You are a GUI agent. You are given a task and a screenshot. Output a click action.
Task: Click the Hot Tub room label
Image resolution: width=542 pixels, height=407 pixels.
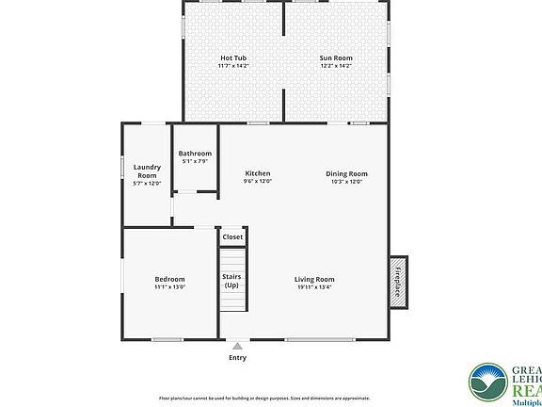pyautogui.click(x=233, y=58)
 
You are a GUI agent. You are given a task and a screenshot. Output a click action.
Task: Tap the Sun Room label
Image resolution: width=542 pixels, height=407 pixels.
pyautogui.click(x=336, y=58)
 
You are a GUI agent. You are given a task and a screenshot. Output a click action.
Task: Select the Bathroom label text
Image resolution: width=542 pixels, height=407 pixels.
pyautogui.click(x=196, y=154)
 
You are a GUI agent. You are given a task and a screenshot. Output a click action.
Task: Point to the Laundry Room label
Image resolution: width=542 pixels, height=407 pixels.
pyautogui.click(x=146, y=171)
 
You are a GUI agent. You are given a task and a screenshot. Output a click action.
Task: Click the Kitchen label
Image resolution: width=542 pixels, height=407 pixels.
pyautogui.click(x=258, y=173)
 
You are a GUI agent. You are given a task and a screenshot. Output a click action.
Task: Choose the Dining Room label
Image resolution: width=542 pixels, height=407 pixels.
pyautogui.click(x=346, y=173)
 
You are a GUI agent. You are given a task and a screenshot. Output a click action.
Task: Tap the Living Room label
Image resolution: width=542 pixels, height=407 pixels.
pyautogui.click(x=314, y=279)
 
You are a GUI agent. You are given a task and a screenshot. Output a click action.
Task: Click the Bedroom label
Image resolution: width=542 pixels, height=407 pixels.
pyautogui.click(x=169, y=279)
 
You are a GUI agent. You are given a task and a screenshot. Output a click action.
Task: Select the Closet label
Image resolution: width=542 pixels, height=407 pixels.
pyautogui.click(x=232, y=237)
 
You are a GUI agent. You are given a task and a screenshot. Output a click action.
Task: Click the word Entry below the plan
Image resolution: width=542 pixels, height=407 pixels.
pyautogui.click(x=237, y=358)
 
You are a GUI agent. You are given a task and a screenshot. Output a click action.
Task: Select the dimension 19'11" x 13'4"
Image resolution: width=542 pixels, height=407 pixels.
pyautogui.click(x=314, y=287)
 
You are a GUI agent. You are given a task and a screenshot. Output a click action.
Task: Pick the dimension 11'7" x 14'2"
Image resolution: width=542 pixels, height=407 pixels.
pyautogui.click(x=233, y=66)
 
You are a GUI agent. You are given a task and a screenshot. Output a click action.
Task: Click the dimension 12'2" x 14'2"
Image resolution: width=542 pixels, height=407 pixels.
pyautogui.click(x=336, y=66)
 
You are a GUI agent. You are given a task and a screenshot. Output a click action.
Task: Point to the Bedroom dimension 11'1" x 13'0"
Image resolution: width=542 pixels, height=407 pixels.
pyautogui.click(x=169, y=287)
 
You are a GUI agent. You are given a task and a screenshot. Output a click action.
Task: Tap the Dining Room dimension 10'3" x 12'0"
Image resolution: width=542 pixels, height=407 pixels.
pyautogui.click(x=346, y=182)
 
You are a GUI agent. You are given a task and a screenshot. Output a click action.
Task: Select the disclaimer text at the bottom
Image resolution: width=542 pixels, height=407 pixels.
pyautogui.click(x=271, y=399)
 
